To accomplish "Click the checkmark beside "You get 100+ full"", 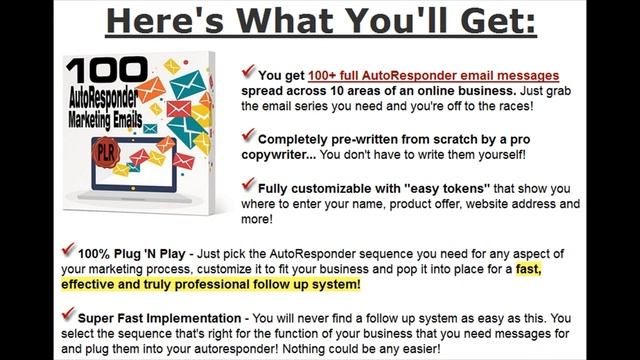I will pyautogui.click(x=248, y=72).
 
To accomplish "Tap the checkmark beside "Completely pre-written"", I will pyautogui.click(x=248, y=135).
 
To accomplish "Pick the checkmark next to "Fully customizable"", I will pyautogui.click(x=248, y=185).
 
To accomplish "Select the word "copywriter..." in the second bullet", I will pyautogui.click(x=288, y=154).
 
